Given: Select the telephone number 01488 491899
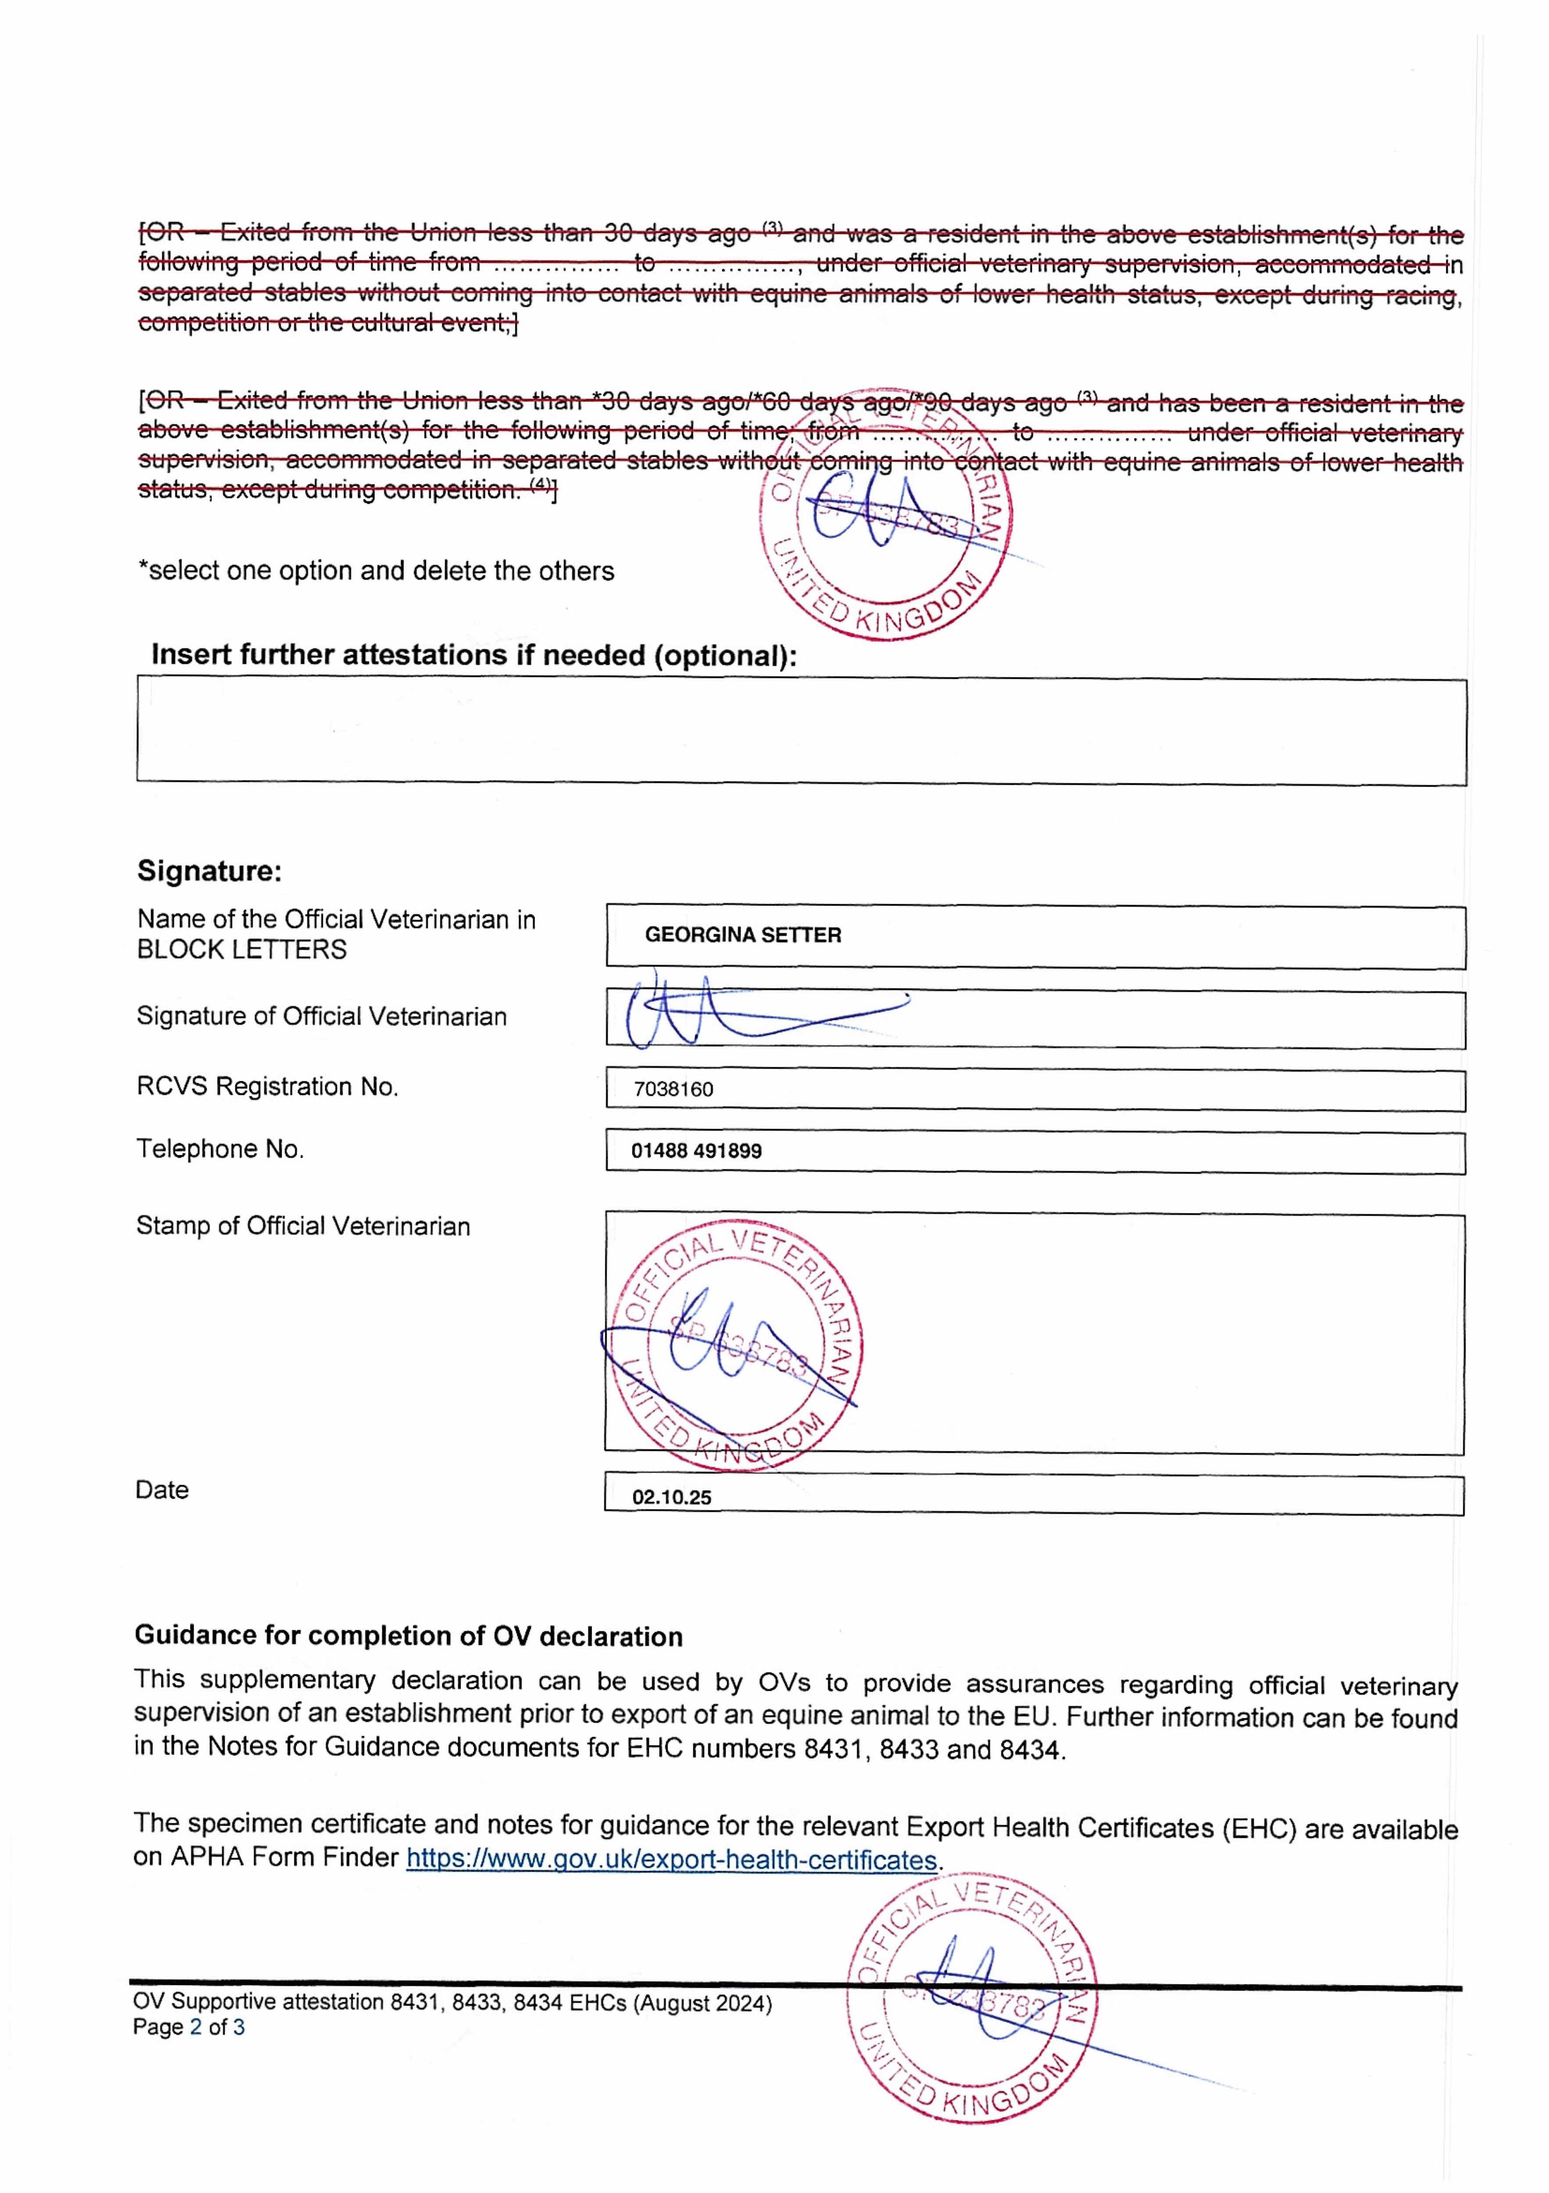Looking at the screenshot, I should click(x=696, y=1151).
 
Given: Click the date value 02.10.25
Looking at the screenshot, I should click(x=671, y=1498).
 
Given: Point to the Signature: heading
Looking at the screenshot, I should click(x=209, y=871).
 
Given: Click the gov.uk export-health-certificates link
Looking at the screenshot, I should click(x=671, y=1861).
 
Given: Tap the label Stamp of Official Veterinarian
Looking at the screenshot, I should click(x=303, y=1226).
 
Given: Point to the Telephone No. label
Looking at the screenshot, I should click(x=220, y=1149).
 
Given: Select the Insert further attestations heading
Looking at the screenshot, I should click(x=474, y=655).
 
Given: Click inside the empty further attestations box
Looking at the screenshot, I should click(x=800, y=732).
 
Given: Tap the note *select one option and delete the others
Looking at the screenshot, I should click(x=376, y=571).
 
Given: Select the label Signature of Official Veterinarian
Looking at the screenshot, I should click(x=321, y=1016).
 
